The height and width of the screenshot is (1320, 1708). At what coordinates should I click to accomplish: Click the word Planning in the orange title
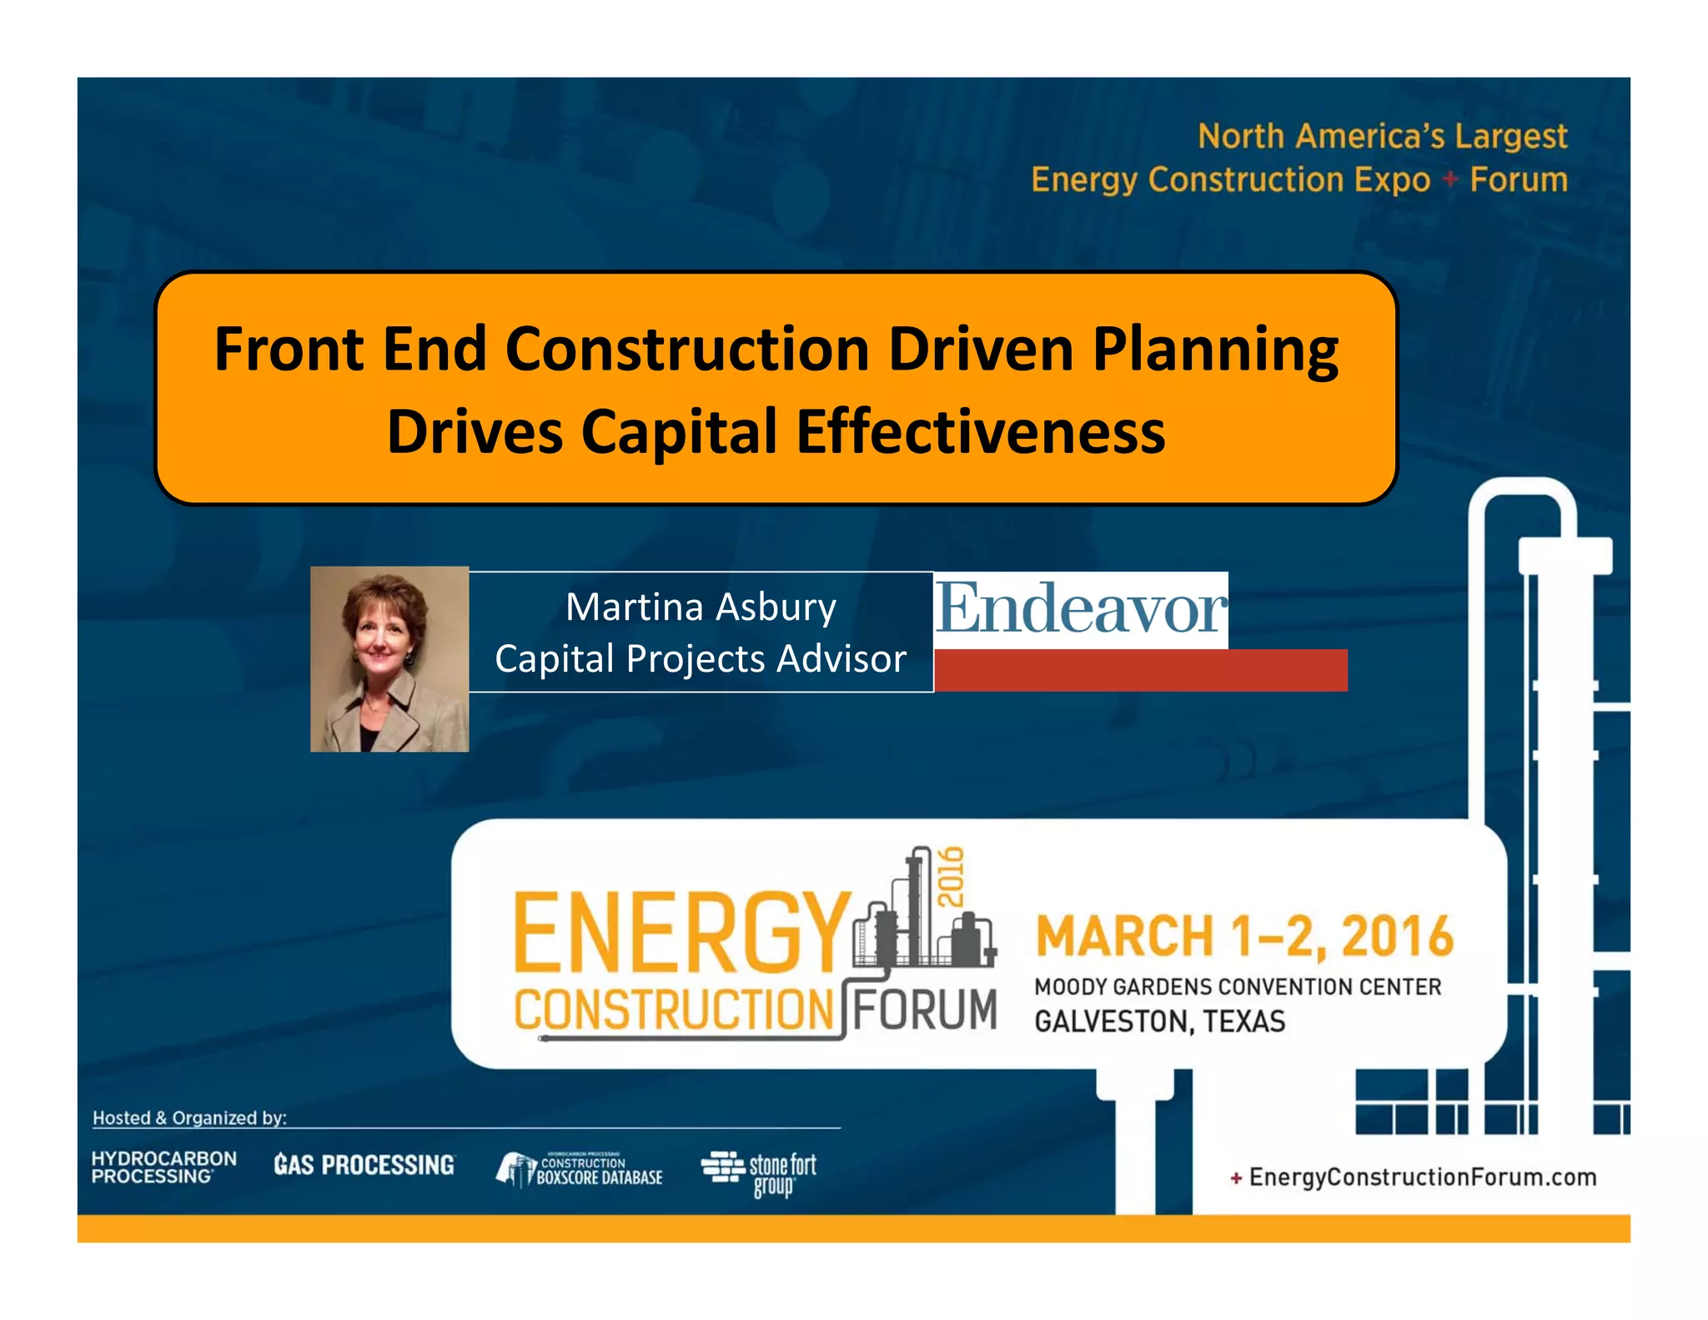pyautogui.click(x=1215, y=350)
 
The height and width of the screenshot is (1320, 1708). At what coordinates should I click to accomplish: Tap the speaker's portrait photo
pyautogui.click(x=389, y=659)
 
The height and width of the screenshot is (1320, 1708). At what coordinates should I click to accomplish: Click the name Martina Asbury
pyautogui.click(x=701, y=607)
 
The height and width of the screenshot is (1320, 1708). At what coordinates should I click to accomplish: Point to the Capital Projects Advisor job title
pyautogui.click(x=701, y=659)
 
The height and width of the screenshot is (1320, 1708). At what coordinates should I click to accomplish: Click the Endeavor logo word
pyautogui.click(x=1081, y=609)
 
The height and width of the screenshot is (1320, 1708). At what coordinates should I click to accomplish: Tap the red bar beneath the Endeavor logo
pyautogui.click(x=1140, y=670)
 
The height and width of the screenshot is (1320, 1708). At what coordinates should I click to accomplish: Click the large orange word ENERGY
pyautogui.click(x=680, y=932)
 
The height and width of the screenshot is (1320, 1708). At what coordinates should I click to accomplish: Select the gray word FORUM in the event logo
pyautogui.click(x=924, y=1010)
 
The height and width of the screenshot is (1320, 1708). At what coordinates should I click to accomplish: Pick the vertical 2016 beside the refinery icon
pyautogui.click(x=951, y=876)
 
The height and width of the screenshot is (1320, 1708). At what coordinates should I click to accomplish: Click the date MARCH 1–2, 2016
pyautogui.click(x=1244, y=936)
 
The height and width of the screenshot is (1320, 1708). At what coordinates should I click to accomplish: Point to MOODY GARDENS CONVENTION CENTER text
pyautogui.click(x=1238, y=987)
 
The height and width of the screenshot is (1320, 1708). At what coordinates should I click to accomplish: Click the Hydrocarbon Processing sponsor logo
pyautogui.click(x=163, y=1167)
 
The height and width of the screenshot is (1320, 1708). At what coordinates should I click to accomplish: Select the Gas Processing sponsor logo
pyautogui.click(x=364, y=1165)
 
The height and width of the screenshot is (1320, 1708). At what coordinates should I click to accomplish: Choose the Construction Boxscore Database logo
pyautogui.click(x=580, y=1169)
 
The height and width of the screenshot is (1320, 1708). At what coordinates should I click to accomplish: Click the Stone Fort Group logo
pyautogui.click(x=759, y=1172)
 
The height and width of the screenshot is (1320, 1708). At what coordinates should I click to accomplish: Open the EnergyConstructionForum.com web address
pyautogui.click(x=1422, y=1177)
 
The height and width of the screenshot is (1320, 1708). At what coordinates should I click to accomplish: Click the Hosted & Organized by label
pyautogui.click(x=189, y=1118)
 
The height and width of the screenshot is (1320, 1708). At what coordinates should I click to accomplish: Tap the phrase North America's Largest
pyautogui.click(x=1382, y=136)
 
